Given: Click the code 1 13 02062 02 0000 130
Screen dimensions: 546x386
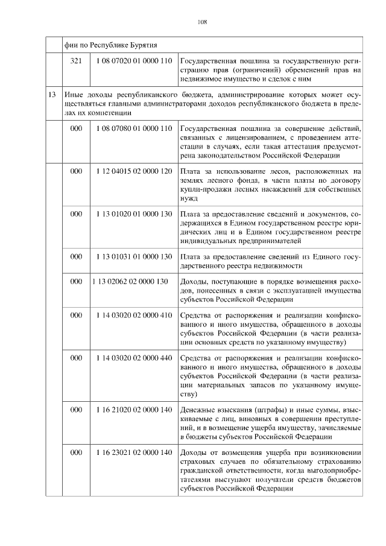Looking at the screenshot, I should click(x=130, y=282).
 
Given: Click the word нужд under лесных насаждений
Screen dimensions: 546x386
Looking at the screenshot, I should click(x=189, y=197).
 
